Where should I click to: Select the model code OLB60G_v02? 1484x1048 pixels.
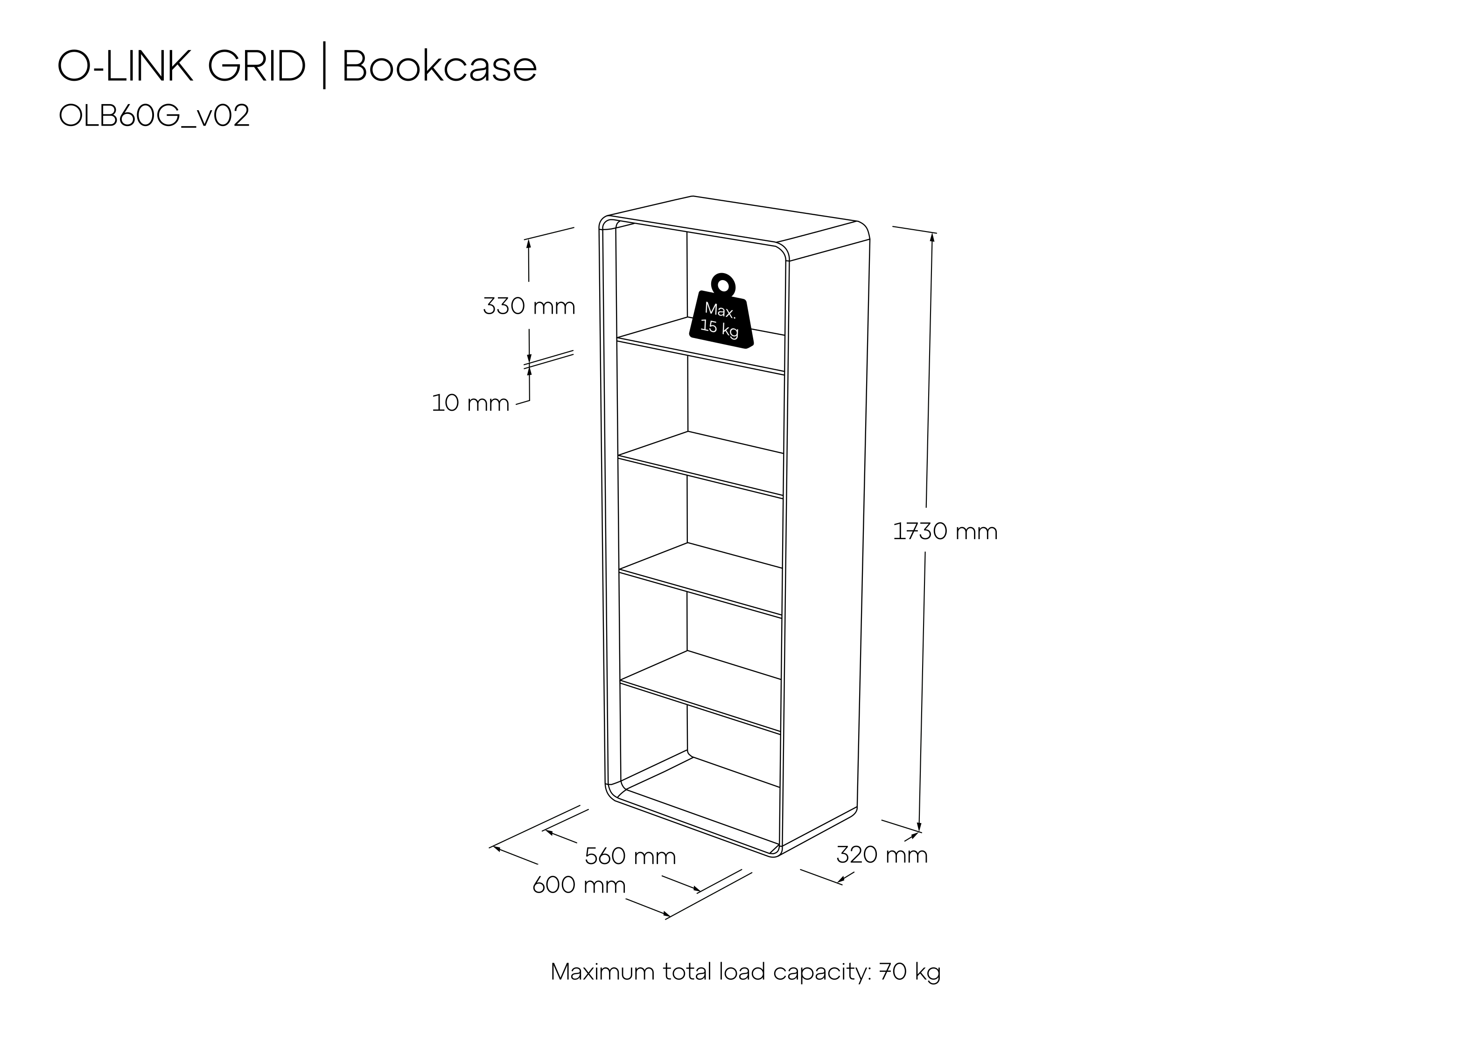pyautogui.click(x=154, y=116)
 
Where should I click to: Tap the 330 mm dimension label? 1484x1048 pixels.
pyautogui.click(x=529, y=306)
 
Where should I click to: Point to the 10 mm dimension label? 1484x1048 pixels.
pyautogui.click(x=470, y=403)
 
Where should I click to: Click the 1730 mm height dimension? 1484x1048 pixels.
pyautogui.click(x=945, y=531)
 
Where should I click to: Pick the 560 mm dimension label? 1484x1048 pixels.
pyautogui.click(x=630, y=856)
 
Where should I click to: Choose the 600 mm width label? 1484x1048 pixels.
pyautogui.click(x=579, y=885)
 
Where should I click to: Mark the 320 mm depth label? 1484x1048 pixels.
pyautogui.click(x=882, y=855)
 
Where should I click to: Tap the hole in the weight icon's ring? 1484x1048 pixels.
pyautogui.click(x=722, y=285)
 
